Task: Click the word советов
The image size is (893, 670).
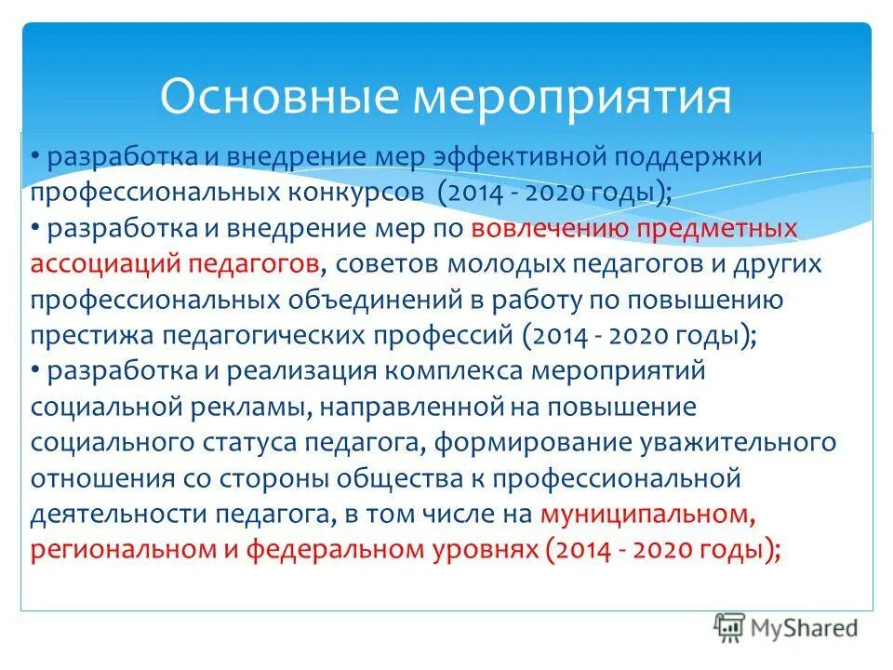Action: point(382,264)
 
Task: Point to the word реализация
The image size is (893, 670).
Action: point(271,371)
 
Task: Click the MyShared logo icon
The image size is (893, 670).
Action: point(729,627)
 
